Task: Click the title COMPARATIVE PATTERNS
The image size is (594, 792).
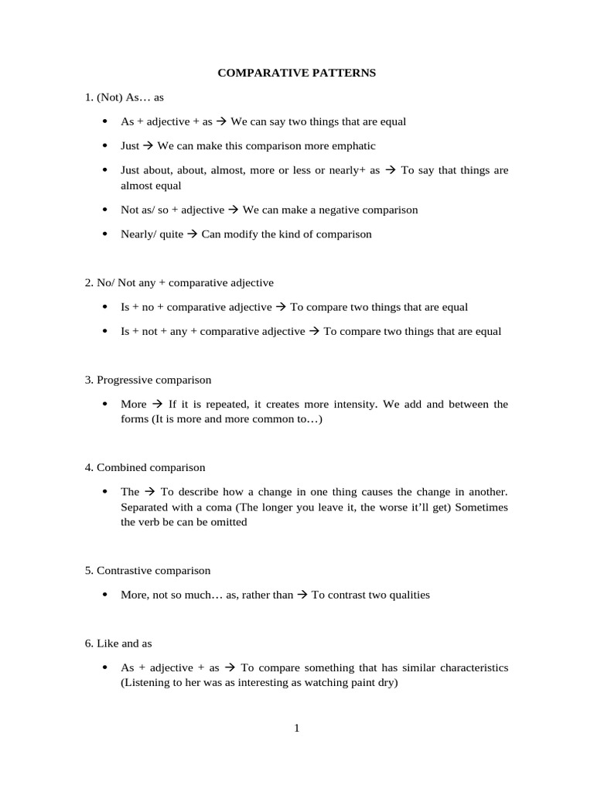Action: click(x=296, y=73)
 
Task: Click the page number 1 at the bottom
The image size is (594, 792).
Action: click(x=296, y=728)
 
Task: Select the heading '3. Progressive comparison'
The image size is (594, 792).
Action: click(x=148, y=380)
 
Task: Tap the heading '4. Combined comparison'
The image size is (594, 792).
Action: click(x=145, y=467)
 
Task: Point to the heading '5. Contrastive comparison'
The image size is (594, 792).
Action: click(x=147, y=570)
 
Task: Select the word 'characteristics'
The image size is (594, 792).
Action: click(x=468, y=667)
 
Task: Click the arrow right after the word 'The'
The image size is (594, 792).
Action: click(x=150, y=491)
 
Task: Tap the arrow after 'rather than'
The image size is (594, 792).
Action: click(x=302, y=595)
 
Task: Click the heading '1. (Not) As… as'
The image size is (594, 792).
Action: click(x=125, y=97)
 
